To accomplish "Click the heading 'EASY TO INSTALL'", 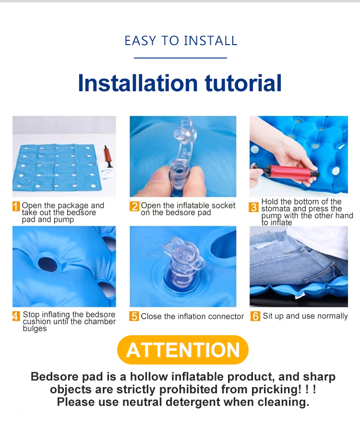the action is point(180,41).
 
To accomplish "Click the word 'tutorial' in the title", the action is point(243,83).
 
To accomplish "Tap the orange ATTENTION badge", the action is point(183,350).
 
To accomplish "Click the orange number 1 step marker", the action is point(16,206).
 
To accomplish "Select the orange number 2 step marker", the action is point(134,206).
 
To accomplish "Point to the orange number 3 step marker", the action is point(253,207).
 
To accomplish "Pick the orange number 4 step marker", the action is point(16,316).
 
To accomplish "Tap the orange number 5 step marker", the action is point(134,316).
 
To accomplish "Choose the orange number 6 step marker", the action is point(255,316).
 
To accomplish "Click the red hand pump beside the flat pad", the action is point(108,157).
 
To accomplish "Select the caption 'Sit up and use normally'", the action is point(305,316).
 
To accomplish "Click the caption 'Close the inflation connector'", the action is point(192,316).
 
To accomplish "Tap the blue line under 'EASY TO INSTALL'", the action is point(180,58).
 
